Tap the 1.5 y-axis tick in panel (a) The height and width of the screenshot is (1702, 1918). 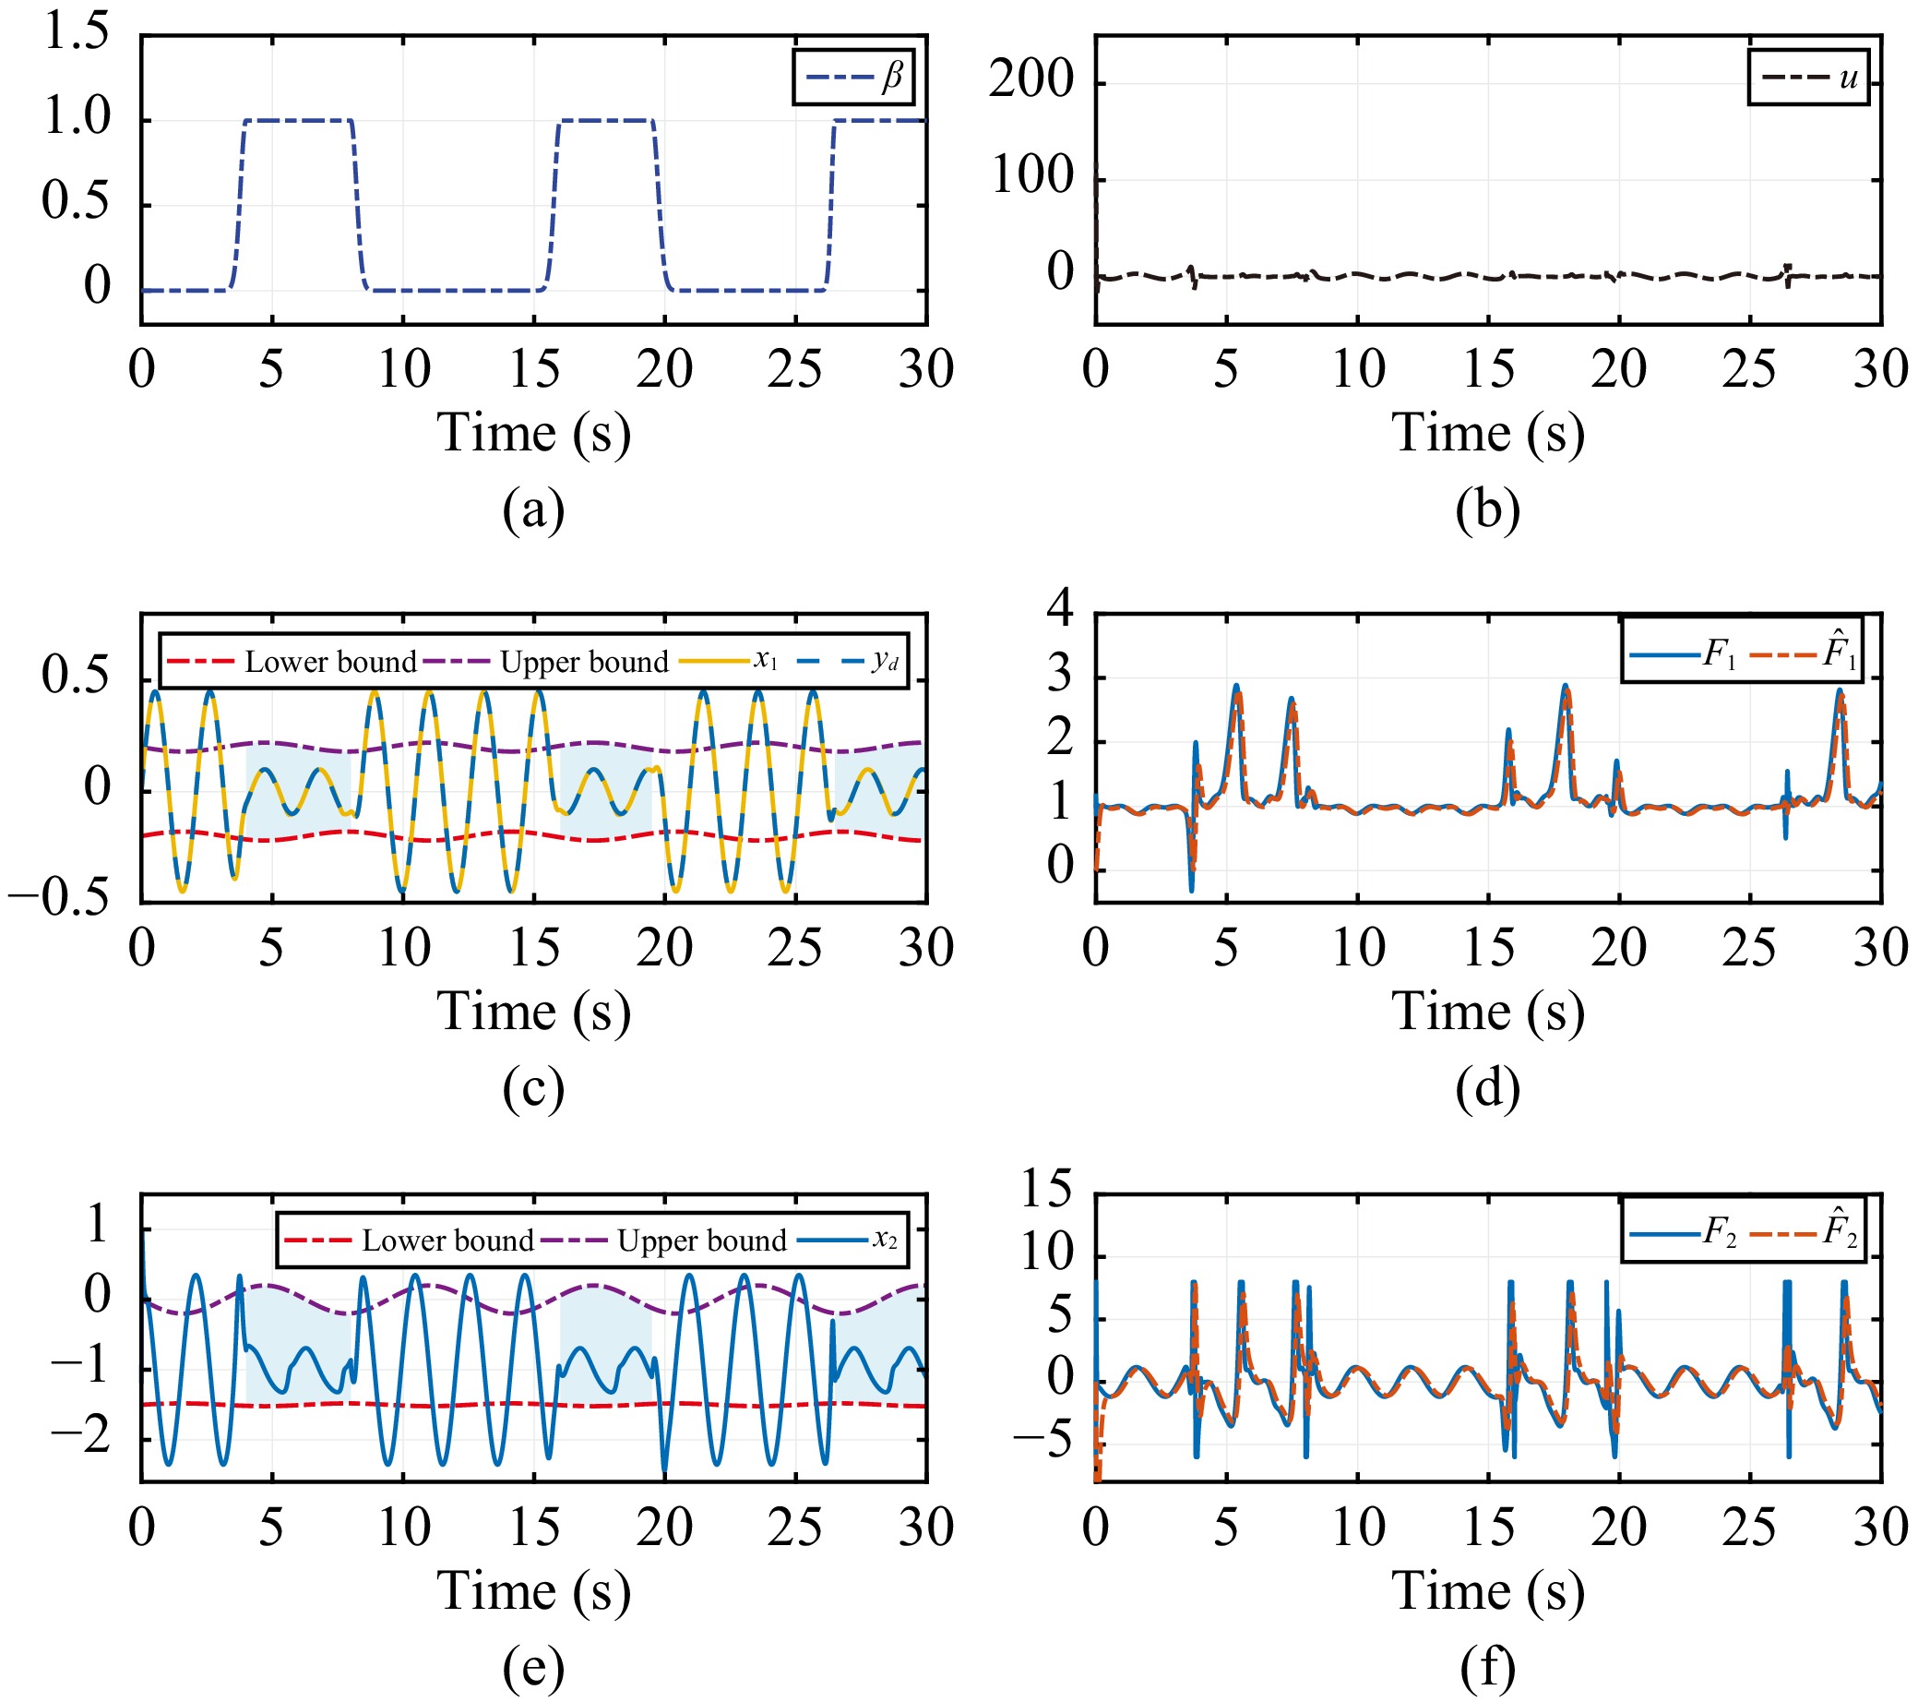[x=77, y=34]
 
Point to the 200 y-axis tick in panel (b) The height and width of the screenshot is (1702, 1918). [x=1031, y=80]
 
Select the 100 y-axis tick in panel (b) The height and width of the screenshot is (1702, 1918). [x=1031, y=177]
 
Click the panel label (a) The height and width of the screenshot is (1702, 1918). [x=533, y=509]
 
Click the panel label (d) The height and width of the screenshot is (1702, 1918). [x=1487, y=1088]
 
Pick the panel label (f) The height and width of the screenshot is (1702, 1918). [x=1487, y=1666]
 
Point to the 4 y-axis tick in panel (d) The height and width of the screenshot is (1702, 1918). [x=1060, y=608]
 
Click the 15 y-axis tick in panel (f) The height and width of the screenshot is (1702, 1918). [x=1046, y=1191]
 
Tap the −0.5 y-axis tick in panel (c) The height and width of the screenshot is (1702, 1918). [x=58, y=899]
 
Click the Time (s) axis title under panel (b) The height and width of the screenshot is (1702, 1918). [x=1487, y=434]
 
